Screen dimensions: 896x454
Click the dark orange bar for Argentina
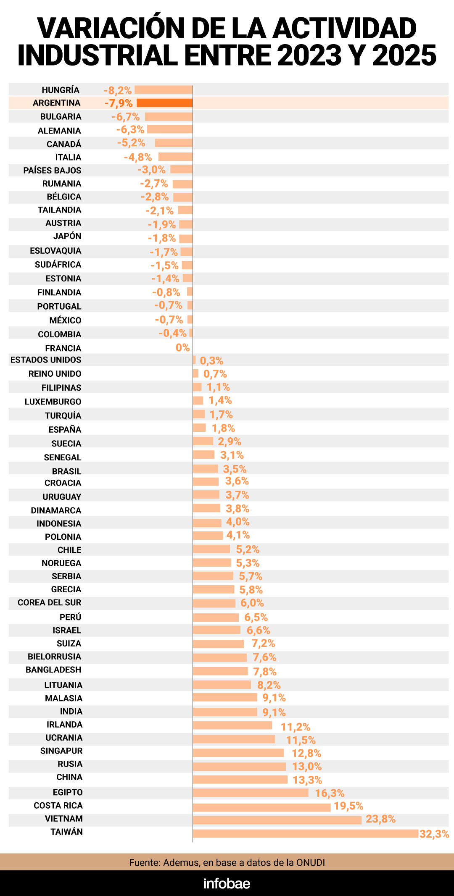164,103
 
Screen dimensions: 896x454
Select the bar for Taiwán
306,833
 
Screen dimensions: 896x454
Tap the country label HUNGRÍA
61,90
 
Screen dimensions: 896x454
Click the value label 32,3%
434,834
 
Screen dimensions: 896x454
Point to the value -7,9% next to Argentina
119,103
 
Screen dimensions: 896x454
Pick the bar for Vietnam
277,820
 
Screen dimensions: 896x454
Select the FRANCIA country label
63,348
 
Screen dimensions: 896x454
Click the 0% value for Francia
183,348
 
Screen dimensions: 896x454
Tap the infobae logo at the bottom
227,883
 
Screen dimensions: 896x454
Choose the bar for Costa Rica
261,807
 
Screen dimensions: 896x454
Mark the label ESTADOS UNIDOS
46,360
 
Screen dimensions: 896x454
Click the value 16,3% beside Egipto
330,793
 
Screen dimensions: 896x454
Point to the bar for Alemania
170,129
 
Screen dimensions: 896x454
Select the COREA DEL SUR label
49,603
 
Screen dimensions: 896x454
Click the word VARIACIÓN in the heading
110,29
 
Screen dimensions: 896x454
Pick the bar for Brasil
205,469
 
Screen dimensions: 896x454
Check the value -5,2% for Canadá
131,143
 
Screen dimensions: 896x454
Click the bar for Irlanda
232,725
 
